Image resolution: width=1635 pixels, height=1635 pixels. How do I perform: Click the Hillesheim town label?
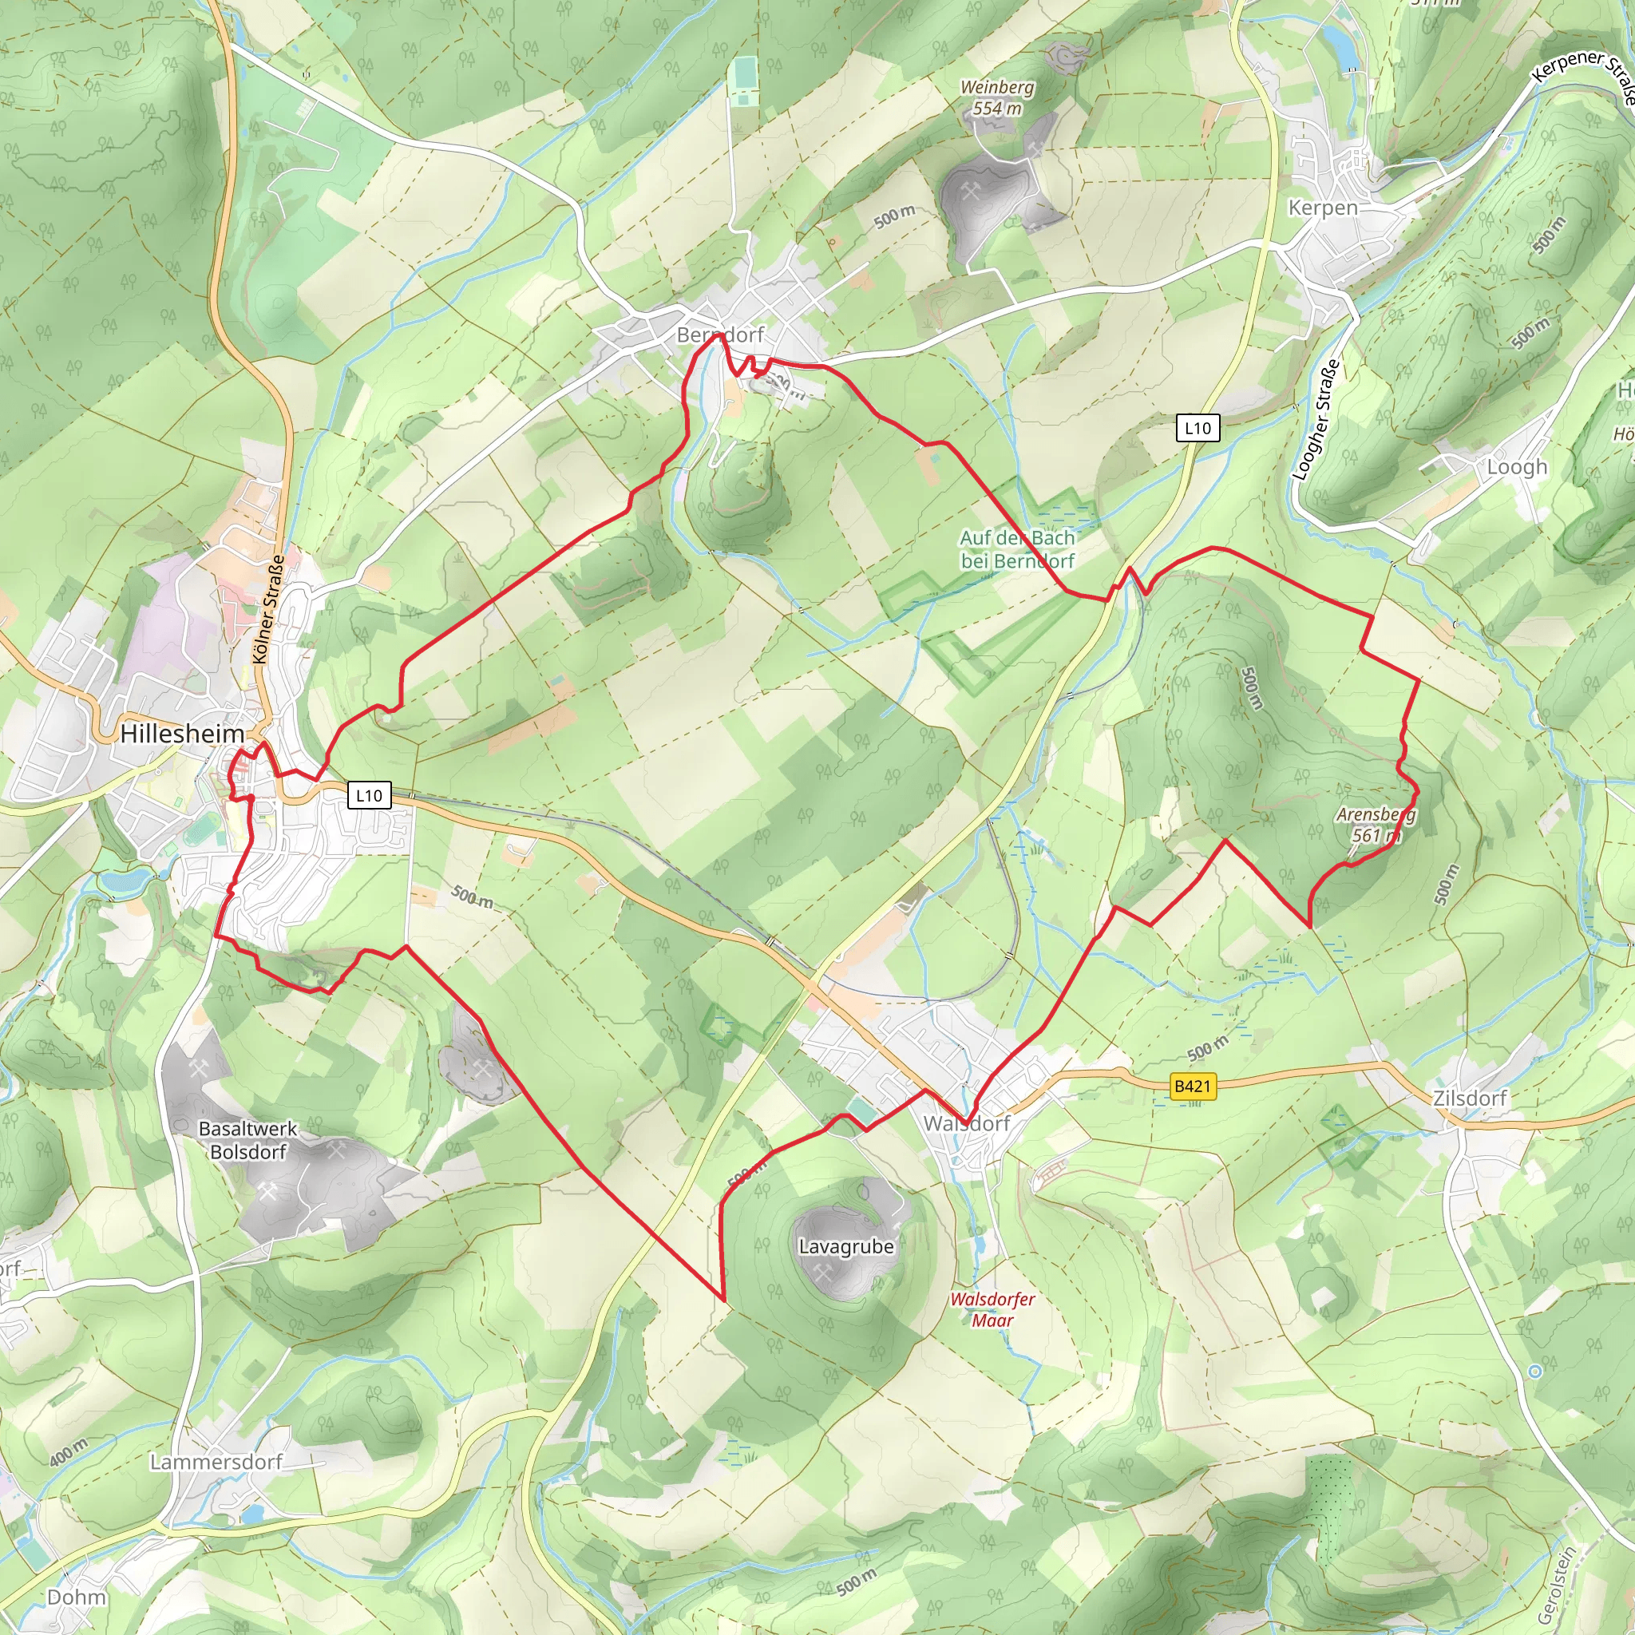point(182,734)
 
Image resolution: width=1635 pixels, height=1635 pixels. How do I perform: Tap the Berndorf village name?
point(720,335)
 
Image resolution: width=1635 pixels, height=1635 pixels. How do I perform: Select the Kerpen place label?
point(1323,208)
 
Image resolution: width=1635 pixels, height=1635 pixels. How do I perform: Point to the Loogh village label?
point(1517,467)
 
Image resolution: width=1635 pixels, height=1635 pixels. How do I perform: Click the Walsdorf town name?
point(967,1124)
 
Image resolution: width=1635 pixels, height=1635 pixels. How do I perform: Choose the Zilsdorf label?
point(1470,1099)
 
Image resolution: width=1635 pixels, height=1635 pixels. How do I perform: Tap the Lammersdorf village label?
point(216,1463)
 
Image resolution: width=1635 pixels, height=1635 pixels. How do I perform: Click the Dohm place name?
point(77,1597)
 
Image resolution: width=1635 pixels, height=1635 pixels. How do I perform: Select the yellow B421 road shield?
point(1193,1086)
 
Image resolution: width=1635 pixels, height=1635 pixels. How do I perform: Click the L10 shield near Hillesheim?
point(369,795)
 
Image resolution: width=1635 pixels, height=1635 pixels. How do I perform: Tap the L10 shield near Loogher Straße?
point(1198,428)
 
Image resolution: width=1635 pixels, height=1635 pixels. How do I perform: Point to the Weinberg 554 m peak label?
point(997,97)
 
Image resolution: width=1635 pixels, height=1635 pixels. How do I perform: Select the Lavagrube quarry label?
point(846,1246)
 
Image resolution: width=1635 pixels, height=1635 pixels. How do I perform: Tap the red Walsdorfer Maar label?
point(992,1309)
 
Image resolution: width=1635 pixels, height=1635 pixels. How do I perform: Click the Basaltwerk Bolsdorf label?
point(248,1140)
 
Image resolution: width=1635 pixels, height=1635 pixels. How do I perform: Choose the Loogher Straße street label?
point(1316,420)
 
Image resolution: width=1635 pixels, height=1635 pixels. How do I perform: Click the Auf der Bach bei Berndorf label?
point(1017,549)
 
